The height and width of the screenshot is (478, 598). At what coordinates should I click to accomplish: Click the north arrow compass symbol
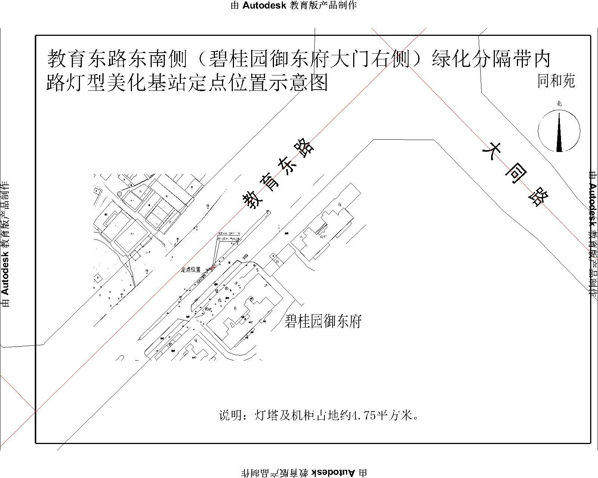559,131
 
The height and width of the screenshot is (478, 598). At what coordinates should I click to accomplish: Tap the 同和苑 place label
556,81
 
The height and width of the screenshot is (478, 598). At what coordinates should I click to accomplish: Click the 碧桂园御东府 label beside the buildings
323,321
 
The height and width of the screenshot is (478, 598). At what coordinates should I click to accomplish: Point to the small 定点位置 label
191,270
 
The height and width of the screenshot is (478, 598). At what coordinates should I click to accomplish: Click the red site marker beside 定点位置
213,267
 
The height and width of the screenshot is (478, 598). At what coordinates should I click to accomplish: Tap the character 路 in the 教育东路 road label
305,148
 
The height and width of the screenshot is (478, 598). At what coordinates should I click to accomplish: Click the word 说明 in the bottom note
228,415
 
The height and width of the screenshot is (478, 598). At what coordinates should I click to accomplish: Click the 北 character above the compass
559,104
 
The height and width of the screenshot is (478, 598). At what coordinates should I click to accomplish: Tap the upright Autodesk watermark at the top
294,5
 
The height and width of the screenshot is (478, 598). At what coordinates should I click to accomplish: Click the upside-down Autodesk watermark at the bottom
303,473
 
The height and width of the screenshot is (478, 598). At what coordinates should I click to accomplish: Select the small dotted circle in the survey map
119,194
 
